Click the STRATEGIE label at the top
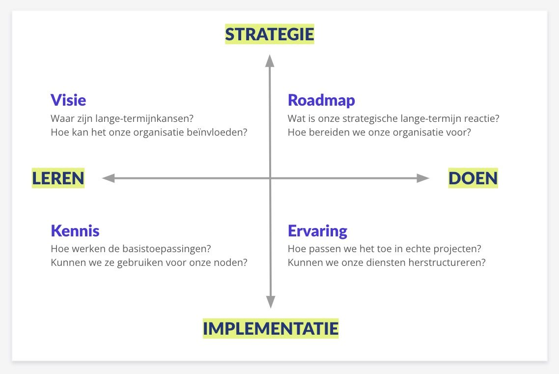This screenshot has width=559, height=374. (x=270, y=34)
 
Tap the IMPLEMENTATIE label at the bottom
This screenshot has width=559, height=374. (x=271, y=328)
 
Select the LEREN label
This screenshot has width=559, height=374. (x=58, y=178)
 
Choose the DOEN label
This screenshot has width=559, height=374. (x=473, y=178)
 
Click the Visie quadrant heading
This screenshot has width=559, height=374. (x=68, y=100)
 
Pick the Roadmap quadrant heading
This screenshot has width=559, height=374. (x=321, y=100)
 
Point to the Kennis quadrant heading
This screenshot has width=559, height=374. (x=75, y=230)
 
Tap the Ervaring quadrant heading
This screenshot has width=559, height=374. (x=318, y=231)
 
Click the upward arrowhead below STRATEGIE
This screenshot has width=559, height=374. (x=270, y=60)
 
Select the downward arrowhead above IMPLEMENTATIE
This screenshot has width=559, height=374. (x=271, y=302)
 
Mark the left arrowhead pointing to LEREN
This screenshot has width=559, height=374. (x=109, y=178)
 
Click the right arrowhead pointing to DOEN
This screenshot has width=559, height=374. (x=423, y=178)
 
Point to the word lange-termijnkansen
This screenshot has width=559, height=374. (x=144, y=118)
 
